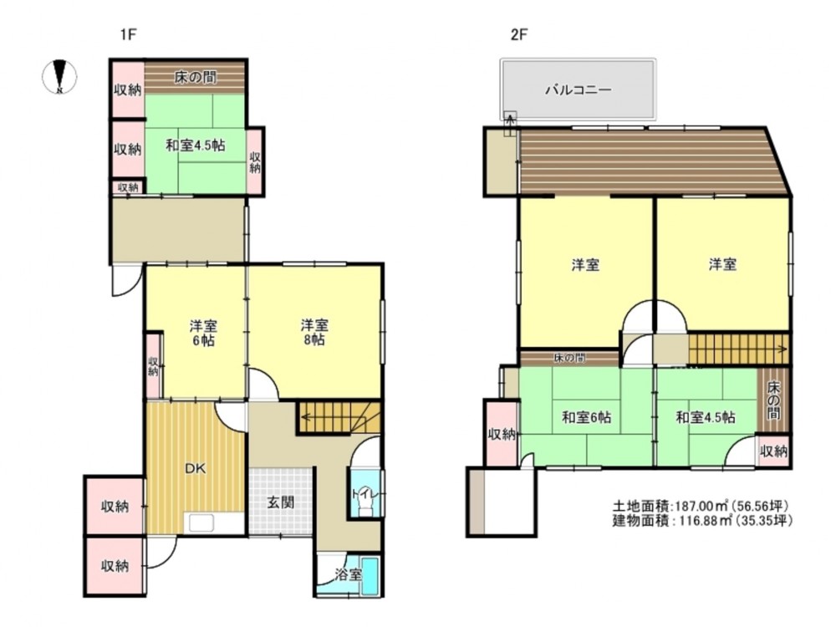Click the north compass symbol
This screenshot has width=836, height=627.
[59, 77]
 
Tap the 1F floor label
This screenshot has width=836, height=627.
[129, 34]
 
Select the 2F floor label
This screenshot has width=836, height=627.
[519, 34]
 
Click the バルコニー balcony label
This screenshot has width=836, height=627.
[578, 89]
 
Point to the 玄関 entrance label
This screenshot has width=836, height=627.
[280, 502]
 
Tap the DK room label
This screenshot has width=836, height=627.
[195, 469]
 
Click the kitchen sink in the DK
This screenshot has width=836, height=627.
[200, 522]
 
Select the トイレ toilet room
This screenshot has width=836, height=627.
[366, 493]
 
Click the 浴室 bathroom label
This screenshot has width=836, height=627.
[349, 575]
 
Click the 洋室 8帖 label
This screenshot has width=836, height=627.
[314, 332]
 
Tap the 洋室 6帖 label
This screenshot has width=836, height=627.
[203, 334]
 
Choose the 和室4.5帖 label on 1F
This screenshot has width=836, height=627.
[195, 145]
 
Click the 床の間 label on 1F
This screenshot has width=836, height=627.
[195, 77]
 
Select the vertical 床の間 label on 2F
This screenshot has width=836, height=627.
[773, 400]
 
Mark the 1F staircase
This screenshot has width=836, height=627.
[339, 418]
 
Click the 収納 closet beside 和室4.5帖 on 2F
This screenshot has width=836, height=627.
[773, 451]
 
